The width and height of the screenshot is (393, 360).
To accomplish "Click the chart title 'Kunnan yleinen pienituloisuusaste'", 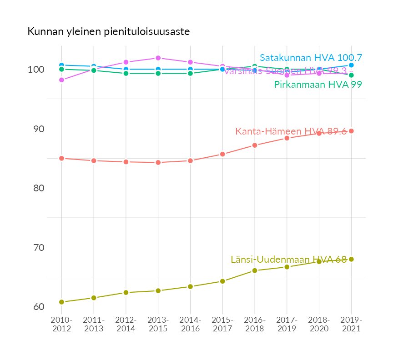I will (108, 32).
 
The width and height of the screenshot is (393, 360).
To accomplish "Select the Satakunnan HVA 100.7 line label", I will (311, 58).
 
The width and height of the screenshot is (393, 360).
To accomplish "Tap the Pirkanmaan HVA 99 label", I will (317, 85).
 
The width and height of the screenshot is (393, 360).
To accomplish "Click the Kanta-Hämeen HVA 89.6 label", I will (291, 131).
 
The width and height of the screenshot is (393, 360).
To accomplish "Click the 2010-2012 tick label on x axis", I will (61, 325).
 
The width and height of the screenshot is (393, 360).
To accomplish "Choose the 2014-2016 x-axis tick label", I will (190, 325).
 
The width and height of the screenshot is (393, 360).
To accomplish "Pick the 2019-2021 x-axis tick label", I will (351, 325).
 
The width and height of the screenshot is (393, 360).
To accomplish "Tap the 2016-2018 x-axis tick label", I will (255, 325).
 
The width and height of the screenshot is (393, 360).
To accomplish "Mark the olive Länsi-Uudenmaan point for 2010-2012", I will (61, 302).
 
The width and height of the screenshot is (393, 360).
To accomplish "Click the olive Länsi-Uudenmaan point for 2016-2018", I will (255, 270).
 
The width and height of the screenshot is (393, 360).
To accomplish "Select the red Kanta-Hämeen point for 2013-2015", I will (158, 162).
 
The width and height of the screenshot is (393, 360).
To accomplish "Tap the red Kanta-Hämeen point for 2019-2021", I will (351, 131).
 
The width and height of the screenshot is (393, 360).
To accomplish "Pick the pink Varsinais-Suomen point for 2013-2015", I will (158, 58).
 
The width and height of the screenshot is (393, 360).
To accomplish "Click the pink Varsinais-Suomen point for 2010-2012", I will (61, 80).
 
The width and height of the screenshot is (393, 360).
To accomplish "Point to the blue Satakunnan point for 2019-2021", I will (351, 65).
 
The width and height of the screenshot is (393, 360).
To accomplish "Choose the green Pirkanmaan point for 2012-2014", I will (126, 73).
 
